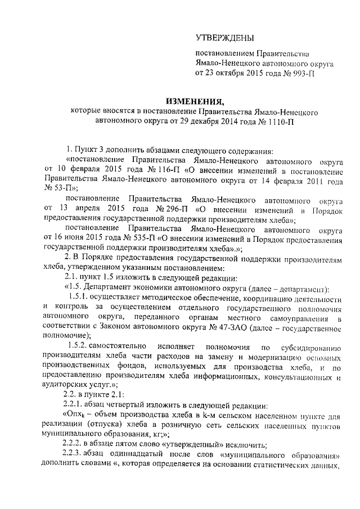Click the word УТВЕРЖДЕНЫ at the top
pyautogui.click(x=224, y=38)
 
